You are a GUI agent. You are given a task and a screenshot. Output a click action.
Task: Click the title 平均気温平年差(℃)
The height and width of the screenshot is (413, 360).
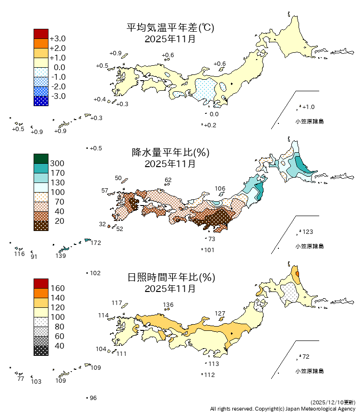tap(170, 28)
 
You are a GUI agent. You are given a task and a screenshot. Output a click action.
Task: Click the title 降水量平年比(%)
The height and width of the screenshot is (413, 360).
tap(170, 153)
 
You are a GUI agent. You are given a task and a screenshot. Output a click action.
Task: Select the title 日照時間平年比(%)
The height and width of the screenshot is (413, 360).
tap(170, 278)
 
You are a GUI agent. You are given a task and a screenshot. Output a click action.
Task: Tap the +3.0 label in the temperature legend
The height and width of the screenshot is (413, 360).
tap(58, 38)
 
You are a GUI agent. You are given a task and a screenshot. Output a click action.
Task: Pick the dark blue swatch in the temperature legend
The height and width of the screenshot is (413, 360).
tap(41, 101)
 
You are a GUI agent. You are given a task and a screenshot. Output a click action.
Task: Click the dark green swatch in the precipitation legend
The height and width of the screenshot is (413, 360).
tap(41, 158)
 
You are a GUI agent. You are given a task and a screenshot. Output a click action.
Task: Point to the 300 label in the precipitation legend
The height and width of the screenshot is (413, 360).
tap(57, 163)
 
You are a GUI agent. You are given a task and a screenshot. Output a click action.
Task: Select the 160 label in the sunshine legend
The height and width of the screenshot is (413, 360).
tap(57, 288)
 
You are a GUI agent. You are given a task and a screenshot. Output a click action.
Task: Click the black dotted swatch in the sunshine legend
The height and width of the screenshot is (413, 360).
tap(41, 351)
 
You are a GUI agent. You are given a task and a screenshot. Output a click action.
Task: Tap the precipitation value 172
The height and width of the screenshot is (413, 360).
tap(96, 243)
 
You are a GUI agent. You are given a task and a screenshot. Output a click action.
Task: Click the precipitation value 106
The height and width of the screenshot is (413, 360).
tap(220, 188)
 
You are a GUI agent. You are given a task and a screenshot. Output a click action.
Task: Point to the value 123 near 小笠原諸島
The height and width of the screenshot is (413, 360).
tap(308, 232)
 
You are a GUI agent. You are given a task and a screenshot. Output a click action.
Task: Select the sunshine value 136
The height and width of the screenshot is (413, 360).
tap(168, 305)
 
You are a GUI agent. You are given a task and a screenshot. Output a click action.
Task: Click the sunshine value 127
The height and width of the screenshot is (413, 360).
tap(220, 314)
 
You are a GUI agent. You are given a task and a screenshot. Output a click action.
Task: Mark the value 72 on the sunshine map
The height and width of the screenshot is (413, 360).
tap(306, 357)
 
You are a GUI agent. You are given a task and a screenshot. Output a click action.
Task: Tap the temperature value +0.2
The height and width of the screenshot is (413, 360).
tap(210, 125)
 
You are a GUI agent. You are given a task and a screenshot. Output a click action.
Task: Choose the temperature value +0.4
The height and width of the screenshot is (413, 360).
tap(99, 99)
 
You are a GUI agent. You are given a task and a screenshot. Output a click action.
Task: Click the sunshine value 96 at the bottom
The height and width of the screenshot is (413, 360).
tap(93, 398)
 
